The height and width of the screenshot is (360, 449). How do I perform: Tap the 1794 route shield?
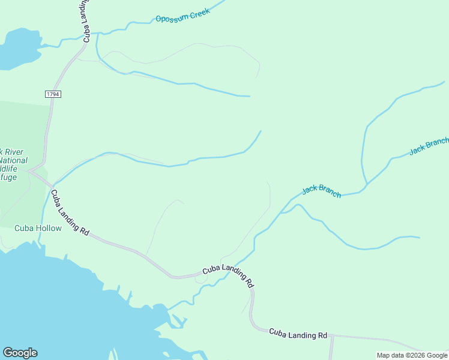click(x=53, y=94)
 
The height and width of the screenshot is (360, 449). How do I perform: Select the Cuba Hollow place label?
click(x=38, y=228)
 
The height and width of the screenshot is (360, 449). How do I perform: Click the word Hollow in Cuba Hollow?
click(x=48, y=228)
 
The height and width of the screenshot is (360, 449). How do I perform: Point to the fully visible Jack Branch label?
click(x=321, y=190)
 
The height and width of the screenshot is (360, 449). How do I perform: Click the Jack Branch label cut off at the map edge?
click(x=429, y=145)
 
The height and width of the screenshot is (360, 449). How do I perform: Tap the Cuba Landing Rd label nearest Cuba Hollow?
click(x=70, y=212)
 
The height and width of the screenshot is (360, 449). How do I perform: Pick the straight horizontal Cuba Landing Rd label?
click(x=298, y=334)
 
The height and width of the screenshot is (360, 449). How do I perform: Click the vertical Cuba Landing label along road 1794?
click(x=88, y=22)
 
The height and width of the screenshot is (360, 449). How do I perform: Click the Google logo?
click(x=20, y=353)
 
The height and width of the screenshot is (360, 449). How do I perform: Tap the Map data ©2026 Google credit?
click(x=412, y=355)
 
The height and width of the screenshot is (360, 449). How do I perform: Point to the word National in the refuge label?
click(x=13, y=160)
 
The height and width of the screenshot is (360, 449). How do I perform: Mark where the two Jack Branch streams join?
click(x=366, y=184)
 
